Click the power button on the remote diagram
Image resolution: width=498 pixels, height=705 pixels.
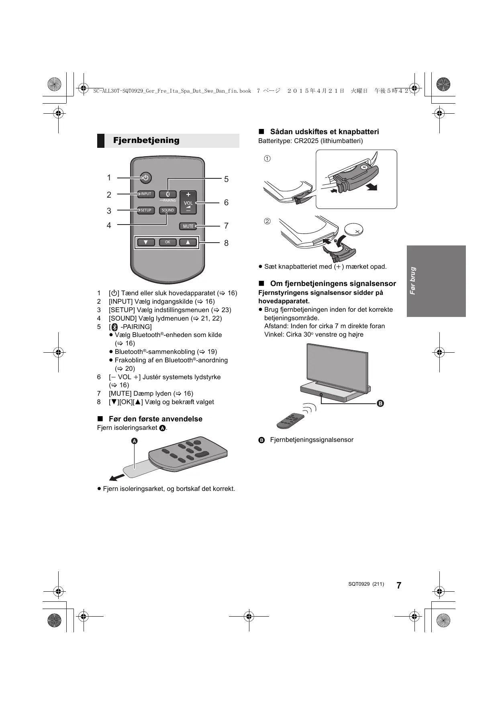146,178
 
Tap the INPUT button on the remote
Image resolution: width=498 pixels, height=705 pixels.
146,194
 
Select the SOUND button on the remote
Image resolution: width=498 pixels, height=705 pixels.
168,210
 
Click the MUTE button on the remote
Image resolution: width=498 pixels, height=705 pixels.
188,226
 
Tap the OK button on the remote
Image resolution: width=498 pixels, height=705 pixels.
167,242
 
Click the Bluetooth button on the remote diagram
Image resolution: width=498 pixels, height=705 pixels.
168,194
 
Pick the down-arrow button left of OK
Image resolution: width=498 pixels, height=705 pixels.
146,242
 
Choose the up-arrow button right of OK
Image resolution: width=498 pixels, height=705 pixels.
188,242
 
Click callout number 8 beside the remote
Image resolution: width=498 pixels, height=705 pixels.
226,243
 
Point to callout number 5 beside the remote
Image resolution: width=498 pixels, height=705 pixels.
226,179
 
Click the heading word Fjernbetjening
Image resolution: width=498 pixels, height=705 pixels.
146,140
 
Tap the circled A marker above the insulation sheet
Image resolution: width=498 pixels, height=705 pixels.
135,441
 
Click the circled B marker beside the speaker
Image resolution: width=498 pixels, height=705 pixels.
380,403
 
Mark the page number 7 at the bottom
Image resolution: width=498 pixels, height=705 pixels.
398,585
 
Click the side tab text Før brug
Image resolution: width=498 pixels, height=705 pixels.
412,281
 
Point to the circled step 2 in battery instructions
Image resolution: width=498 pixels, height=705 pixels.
267,221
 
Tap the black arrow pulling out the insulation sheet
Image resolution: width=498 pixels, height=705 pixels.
117,477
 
